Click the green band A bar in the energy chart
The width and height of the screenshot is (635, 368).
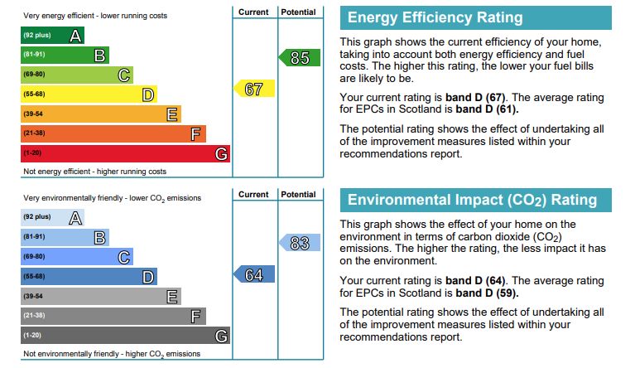52,36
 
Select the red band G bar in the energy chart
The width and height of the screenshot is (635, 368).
124,153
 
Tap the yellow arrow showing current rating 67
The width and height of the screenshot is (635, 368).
255,89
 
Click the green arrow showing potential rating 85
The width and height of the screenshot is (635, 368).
300,58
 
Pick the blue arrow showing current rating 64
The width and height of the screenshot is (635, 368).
255,274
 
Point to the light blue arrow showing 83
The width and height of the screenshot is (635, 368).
300,243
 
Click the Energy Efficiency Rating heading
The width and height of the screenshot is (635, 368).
435,17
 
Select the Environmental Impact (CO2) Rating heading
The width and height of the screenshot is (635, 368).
472,200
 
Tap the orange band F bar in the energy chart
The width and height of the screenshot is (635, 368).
113,133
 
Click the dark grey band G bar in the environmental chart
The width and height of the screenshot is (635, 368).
124,336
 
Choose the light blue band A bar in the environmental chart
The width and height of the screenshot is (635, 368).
52,217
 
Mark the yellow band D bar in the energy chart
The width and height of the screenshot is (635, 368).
88,94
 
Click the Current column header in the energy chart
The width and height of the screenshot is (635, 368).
253,12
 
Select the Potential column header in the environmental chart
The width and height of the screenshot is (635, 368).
298,195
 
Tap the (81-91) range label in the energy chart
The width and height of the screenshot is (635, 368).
34,56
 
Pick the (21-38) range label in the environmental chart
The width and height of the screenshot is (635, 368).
34,316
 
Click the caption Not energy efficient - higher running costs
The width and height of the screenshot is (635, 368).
94,172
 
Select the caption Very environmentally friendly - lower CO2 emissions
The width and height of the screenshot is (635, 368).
112,198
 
